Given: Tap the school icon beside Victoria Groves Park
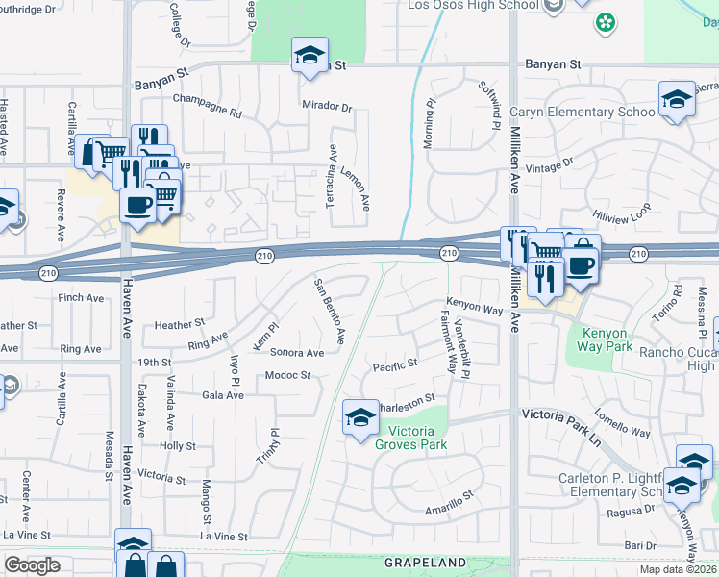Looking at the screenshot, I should (x=360, y=417).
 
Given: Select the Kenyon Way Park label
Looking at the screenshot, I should (x=606, y=340).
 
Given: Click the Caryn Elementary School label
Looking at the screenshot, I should (x=583, y=113).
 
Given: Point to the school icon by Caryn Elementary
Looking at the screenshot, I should (x=677, y=99).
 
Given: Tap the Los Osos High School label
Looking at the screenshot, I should (x=473, y=5).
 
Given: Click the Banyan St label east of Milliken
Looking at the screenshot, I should (x=554, y=64).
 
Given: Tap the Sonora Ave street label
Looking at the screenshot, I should (x=296, y=353).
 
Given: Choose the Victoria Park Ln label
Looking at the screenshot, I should (x=560, y=414).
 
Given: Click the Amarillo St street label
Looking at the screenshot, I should (x=450, y=504).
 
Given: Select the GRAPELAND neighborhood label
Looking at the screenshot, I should (x=425, y=562).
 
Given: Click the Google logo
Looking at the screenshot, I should (x=33, y=565).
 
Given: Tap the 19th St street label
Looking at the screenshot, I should (x=153, y=363).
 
